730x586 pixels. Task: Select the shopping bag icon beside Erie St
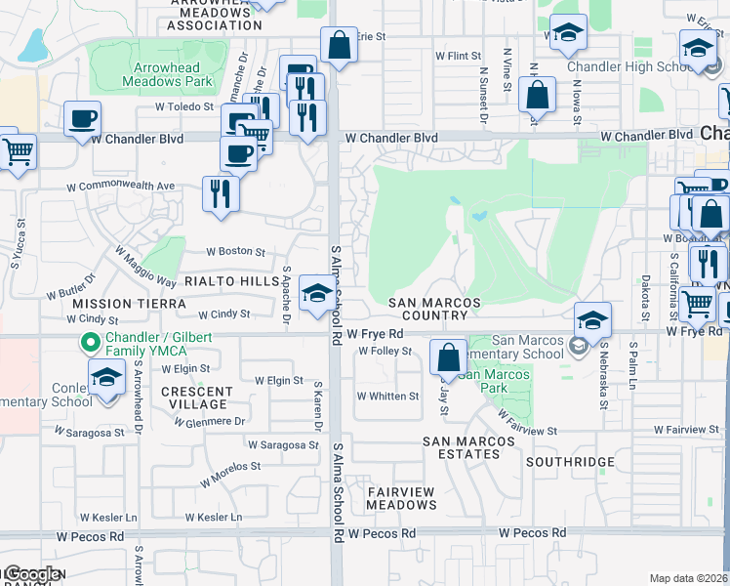point(339,45)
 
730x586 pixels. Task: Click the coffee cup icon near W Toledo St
point(82,119)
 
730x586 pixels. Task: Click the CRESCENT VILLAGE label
point(196,398)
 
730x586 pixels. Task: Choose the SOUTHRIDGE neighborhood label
point(570,462)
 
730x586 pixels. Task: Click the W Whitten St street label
point(387,397)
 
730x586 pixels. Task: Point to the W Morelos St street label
point(230,475)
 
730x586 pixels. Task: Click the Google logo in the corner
point(32,574)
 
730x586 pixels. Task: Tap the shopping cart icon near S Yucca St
point(17,152)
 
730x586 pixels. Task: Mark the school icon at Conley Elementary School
point(106,377)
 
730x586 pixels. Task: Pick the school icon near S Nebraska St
point(592,319)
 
